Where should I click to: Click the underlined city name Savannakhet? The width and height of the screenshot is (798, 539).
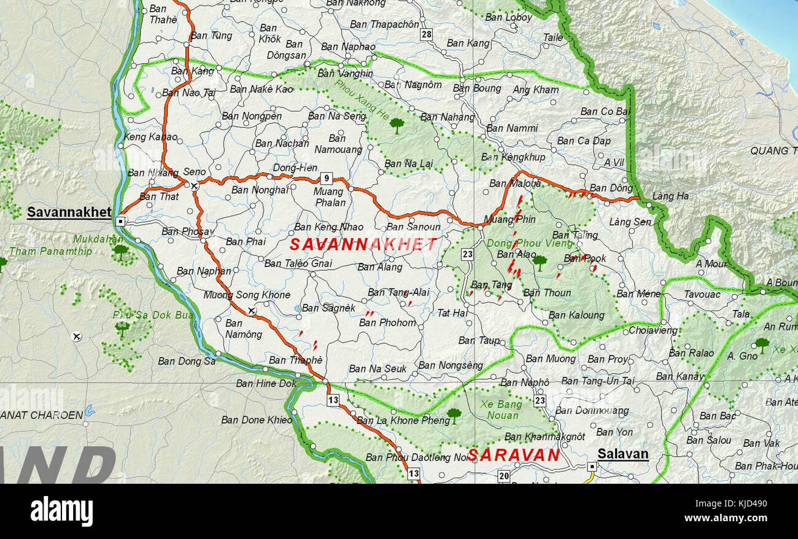coord(69,212)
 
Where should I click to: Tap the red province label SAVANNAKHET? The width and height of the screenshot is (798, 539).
coord(363,244)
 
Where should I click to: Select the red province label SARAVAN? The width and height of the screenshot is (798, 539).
coord(513,455)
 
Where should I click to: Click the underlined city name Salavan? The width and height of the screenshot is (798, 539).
coord(623,454)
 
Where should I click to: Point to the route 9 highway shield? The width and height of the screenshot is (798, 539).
coord(327,179)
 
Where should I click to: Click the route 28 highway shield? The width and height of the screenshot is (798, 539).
coord(427,35)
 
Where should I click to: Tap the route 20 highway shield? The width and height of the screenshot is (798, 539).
coord(503,476)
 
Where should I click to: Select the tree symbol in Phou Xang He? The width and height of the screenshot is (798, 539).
coord(397,125)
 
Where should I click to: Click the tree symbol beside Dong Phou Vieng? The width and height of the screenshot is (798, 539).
coord(539,262)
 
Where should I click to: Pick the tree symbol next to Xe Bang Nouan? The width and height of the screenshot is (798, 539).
coord(454,415)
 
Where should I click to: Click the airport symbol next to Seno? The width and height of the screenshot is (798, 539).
coord(194,185)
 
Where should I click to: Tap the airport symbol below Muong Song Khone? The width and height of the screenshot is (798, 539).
coord(251,311)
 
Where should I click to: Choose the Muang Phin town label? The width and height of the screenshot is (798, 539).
coord(509,219)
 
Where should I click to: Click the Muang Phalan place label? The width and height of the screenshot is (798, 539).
coord(330,197)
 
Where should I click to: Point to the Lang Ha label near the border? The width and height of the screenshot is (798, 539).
coord(670,196)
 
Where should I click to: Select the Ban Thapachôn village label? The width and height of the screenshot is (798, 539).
coord(384,25)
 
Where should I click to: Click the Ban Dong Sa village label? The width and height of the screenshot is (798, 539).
coord(187,361)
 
